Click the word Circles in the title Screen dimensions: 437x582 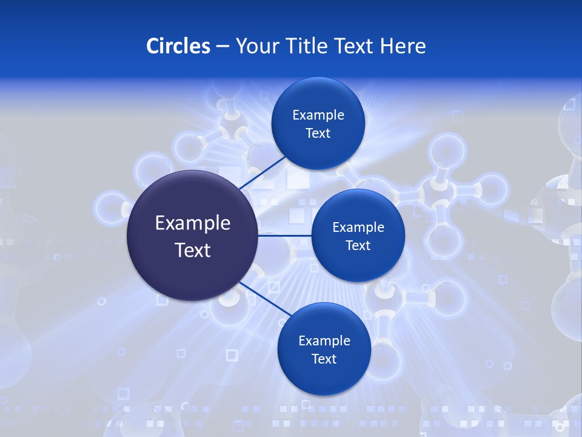[x=178, y=46]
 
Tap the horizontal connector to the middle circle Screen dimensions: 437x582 [x=284, y=235]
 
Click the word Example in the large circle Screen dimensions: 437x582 [x=192, y=223]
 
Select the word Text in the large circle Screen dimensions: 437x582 [x=192, y=250]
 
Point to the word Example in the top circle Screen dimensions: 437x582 [x=318, y=115]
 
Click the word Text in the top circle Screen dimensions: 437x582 [x=318, y=134]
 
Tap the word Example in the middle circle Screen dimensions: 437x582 [x=358, y=228]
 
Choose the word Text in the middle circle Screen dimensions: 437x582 [x=358, y=246]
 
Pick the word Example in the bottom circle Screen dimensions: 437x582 [x=324, y=341]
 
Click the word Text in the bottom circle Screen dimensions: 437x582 [x=324, y=359]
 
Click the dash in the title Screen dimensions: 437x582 [x=222, y=46]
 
